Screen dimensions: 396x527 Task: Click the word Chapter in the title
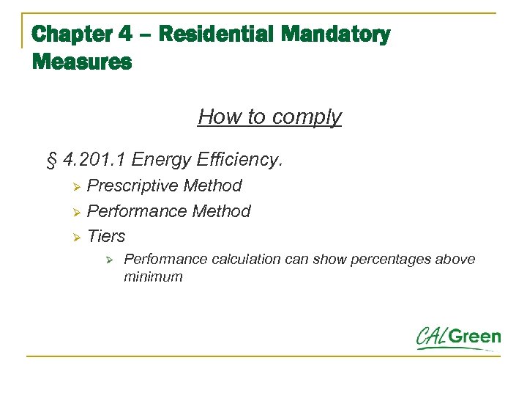click(71, 34)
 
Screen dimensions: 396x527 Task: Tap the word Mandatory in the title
click(335, 34)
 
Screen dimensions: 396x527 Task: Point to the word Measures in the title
click(82, 62)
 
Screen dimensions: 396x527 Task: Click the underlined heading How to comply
click(269, 117)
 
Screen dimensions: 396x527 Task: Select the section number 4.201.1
click(91, 159)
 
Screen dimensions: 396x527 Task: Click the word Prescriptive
click(132, 186)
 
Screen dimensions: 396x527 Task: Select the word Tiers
click(106, 236)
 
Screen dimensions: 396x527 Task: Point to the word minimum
click(153, 277)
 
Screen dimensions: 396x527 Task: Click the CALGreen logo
click(459, 338)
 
